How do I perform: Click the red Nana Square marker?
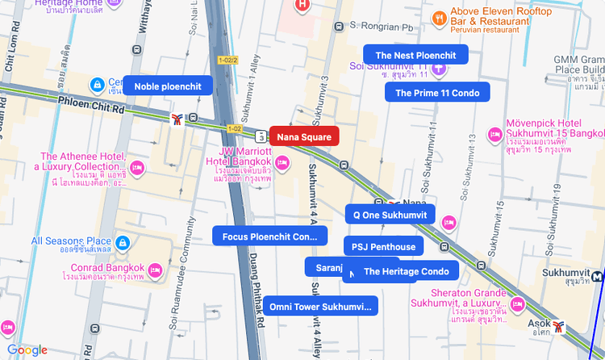click(x=304, y=137)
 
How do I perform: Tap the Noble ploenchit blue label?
click(x=168, y=86)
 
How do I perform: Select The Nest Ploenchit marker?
click(x=415, y=55)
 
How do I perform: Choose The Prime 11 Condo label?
click(x=437, y=93)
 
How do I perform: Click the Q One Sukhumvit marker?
click(x=390, y=214)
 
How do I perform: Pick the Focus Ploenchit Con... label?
click(x=269, y=237)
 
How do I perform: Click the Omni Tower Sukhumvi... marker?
click(x=320, y=306)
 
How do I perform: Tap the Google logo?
click(x=27, y=350)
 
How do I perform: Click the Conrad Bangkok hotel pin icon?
click(x=156, y=269)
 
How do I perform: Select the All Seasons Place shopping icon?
click(x=123, y=242)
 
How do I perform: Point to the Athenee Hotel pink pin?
click(x=137, y=168)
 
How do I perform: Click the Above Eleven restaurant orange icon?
click(x=439, y=17)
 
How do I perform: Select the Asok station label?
click(x=539, y=326)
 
